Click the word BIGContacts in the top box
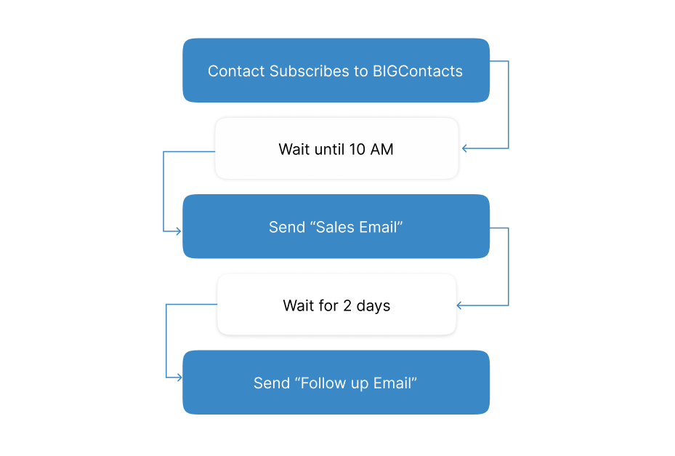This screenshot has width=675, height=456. (x=418, y=71)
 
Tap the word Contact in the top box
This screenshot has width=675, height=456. (x=236, y=71)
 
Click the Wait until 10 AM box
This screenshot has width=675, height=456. (x=336, y=148)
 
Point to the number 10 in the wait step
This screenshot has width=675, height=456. (x=357, y=149)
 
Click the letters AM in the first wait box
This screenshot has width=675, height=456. (x=382, y=149)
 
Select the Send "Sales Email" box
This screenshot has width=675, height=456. (x=336, y=226)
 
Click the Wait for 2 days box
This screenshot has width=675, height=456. (x=336, y=304)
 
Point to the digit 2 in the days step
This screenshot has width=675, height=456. (x=347, y=305)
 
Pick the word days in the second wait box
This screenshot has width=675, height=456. (x=373, y=306)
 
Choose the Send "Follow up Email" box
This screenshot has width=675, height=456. (x=336, y=383)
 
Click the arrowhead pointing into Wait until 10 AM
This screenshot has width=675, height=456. (x=465, y=148)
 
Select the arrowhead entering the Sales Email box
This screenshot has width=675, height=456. (x=178, y=231)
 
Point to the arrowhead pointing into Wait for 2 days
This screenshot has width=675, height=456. (x=460, y=305)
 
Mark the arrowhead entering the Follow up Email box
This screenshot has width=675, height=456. (x=179, y=378)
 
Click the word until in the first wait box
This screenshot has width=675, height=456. (x=329, y=149)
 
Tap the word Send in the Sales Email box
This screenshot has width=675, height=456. (x=287, y=227)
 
